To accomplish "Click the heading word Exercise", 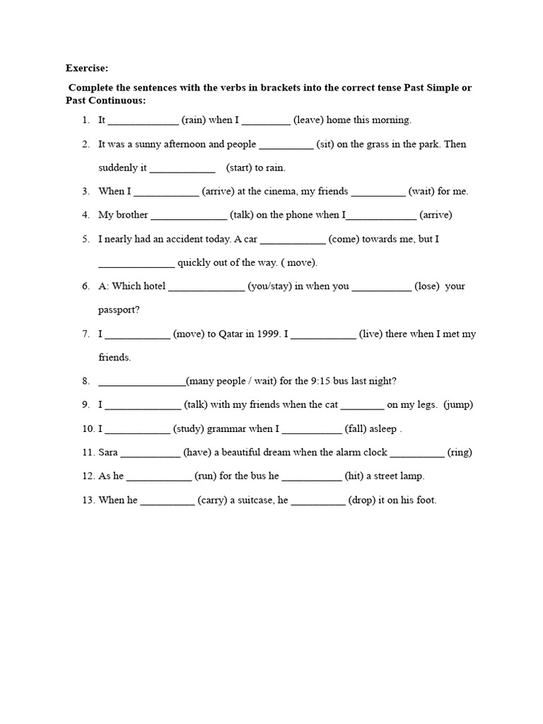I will click(88, 69).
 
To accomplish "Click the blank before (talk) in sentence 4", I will click(189, 216).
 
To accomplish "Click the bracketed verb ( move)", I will click(299, 263).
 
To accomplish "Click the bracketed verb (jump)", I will click(459, 405).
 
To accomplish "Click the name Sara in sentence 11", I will click(108, 452).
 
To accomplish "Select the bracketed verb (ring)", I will click(460, 452).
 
